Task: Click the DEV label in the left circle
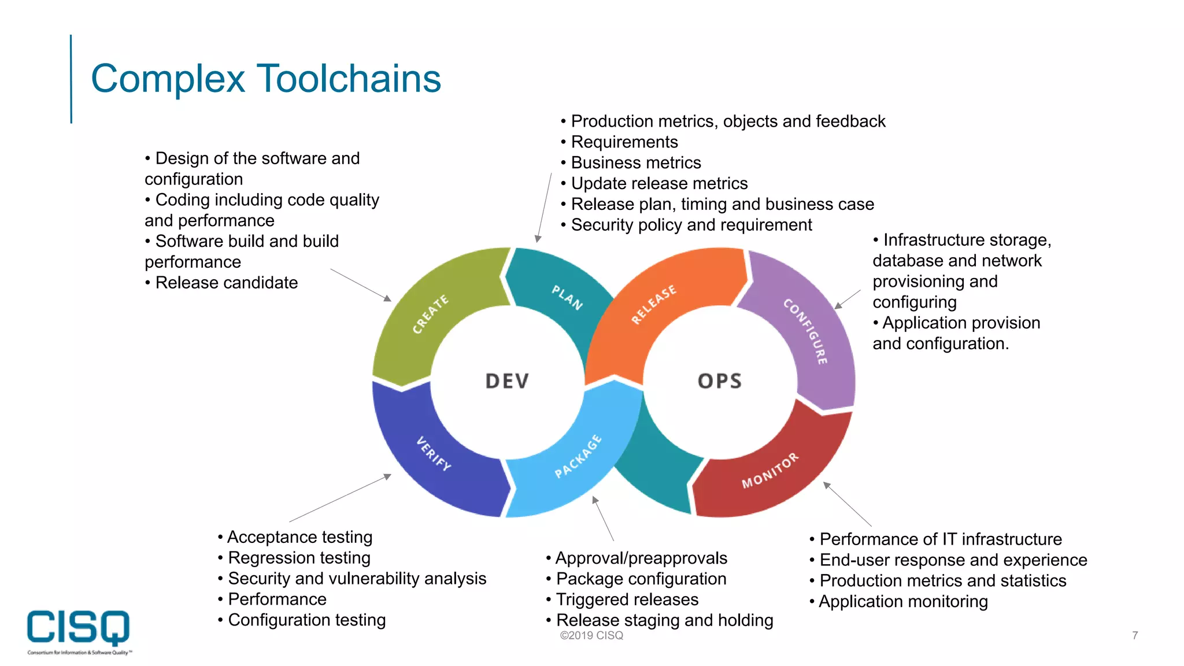507,382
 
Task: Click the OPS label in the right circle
719,382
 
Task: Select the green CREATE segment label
430,314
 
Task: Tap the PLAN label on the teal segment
567,298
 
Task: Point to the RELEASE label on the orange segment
653,304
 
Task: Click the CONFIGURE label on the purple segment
805,331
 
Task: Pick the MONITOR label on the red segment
770,470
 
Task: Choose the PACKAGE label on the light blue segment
578,456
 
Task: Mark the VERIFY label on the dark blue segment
434,453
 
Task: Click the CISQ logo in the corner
79,629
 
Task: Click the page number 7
1135,635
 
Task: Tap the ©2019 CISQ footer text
591,635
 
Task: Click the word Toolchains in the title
349,79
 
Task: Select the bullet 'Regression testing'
299,558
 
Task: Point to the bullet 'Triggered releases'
627,600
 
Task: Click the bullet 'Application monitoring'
903,602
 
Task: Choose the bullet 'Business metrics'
635,163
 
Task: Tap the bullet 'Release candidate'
226,283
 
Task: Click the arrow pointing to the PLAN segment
544,208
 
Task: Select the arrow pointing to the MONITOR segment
847,504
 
